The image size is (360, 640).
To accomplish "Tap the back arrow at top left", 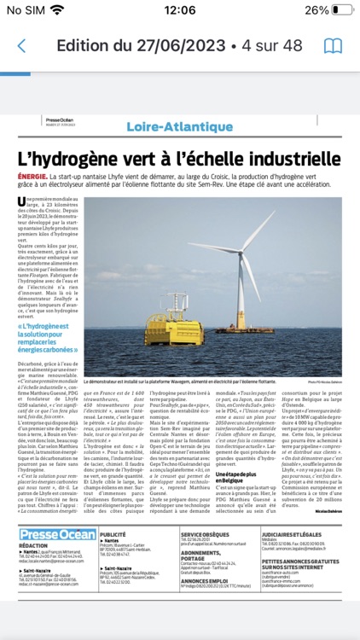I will [x=20, y=46].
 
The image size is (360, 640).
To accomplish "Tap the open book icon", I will [x=332, y=46].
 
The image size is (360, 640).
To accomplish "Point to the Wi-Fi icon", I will [x=57, y=10].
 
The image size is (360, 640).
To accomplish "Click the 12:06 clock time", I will [x=179, y=10].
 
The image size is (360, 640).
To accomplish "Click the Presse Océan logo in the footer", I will [x=57, y=534].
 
